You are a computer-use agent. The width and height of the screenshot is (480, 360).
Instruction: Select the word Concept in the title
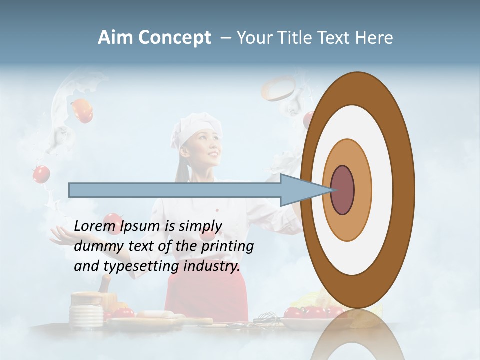(174, 38)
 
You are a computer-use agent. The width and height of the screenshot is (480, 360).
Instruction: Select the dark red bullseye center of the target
(342, 190)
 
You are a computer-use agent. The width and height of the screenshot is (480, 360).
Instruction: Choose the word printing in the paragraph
(227, 246)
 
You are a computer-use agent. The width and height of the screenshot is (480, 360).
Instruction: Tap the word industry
(212, 266)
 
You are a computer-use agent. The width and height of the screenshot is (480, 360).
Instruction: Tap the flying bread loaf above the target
(278, 88)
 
